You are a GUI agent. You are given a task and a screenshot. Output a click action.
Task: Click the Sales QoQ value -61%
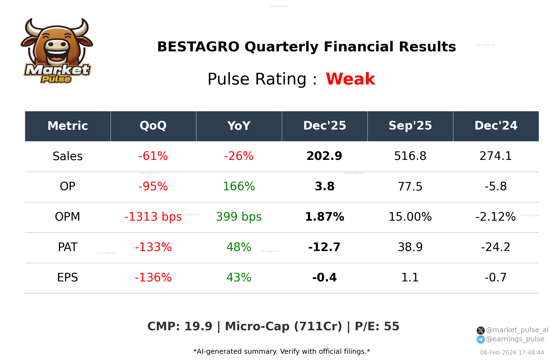point(153,156)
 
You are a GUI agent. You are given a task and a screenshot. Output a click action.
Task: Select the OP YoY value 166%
point(239,186)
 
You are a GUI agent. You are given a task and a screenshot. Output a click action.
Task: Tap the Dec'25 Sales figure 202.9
point(324,156)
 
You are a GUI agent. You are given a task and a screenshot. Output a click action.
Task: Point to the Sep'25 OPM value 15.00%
point(410,217)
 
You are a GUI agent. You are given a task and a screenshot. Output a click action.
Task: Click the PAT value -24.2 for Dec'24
point(496,247)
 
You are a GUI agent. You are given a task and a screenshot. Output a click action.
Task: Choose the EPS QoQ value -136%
point(153,278)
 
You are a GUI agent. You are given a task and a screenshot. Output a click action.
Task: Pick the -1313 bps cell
point(153,217)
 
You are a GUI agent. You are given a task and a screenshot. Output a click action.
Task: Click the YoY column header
point(239,126)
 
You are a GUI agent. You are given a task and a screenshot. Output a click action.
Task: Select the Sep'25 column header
point(410,126)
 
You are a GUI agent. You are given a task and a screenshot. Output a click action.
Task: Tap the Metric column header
point(68,126)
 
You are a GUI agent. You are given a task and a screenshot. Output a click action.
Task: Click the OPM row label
point(68,217)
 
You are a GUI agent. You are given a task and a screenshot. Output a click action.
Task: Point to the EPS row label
point(68,278)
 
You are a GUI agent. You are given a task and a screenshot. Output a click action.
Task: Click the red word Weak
point(350,79)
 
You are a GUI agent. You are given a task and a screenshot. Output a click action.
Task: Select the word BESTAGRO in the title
point(198,47)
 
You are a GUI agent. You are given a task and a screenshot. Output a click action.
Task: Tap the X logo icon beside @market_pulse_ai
point(480,330)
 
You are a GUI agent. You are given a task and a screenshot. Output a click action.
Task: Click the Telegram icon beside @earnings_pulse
point(480,339)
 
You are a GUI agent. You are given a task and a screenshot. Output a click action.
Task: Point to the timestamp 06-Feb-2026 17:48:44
point(512,353)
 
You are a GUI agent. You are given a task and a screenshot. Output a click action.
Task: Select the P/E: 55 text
point(377,326)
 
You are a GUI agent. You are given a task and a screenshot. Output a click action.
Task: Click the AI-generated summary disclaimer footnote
point(282,352)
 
